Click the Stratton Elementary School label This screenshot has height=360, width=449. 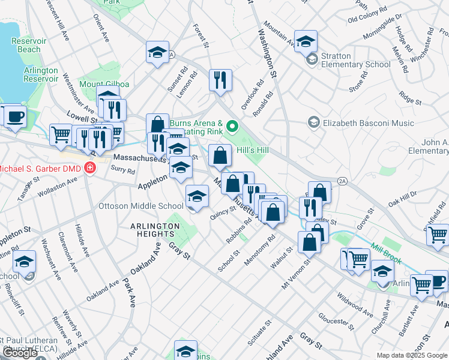coord(356,60)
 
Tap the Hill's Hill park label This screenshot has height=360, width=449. coord(251,150)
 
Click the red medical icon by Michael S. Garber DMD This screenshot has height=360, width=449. coord(90,167)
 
